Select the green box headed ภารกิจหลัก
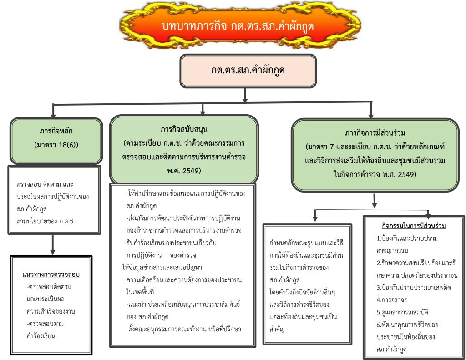click(56, 140)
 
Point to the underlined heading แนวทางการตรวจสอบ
click(51, 274)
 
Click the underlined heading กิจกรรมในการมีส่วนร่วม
click(413, 226)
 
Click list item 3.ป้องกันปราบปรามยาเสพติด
click(413, 288)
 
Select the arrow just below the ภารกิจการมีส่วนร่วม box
click(375, 200)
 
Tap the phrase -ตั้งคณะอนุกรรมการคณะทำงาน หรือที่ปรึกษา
click(184, 329)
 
